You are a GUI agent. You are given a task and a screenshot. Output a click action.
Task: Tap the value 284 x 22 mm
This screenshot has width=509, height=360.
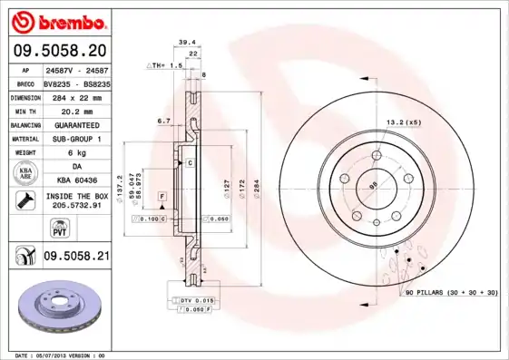(x=76, y=96)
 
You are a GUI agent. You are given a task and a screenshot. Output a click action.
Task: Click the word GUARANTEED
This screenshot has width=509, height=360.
(x=76, y=124)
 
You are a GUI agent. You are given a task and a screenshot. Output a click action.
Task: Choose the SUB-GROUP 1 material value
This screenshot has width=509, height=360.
(x=76, y=139)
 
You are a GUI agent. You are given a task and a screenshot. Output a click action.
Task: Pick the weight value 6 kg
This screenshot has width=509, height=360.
(x=76, y=153)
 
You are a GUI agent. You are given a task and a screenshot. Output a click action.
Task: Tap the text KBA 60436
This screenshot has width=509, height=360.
(x=76, y=181)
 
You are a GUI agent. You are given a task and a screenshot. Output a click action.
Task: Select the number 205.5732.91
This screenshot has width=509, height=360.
(x=76, y=207)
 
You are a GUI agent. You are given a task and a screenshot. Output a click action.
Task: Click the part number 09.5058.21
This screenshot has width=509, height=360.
(x=76, y=258)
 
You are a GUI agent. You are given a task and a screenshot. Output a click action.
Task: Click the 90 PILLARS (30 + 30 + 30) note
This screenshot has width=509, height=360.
(x=451, y=294)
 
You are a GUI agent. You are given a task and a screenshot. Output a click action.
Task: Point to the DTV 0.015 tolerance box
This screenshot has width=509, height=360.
(x=195, y=299)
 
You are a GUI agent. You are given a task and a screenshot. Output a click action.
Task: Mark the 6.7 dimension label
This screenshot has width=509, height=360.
(x=164, y=120)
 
